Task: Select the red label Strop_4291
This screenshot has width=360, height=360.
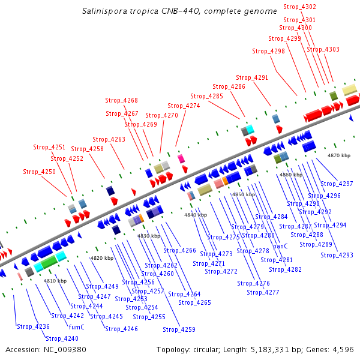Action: [x=252, y=77]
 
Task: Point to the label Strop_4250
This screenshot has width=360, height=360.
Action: [x=39, y=172]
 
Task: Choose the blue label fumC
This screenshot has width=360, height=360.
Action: [x=76, y=327]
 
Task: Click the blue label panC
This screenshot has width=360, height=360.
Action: [x=281, y=246]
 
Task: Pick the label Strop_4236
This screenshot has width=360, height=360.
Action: [x=33, y=326]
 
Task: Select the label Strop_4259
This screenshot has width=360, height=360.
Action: [x=179, y=329]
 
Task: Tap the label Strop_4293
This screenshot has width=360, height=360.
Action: [x=337, y=255]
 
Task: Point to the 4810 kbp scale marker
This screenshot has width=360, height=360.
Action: [x=55, y=281]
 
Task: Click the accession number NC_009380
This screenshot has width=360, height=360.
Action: [x=64, y=349]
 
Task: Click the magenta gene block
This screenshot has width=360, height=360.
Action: [x=181, y=158]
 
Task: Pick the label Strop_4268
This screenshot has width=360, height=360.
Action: [x=122, y=100]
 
